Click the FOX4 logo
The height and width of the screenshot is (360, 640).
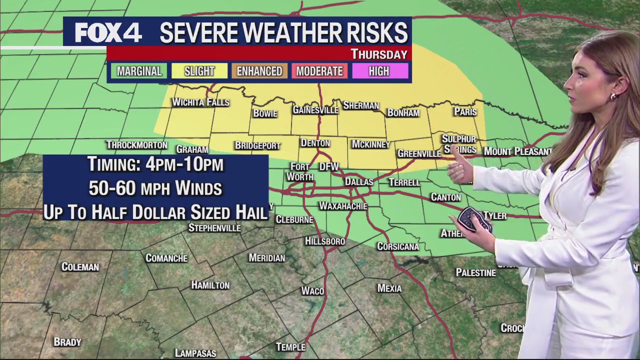tap(108, 33)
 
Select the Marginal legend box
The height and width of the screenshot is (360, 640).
tap(139, 71)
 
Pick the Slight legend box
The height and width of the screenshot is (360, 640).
tap(199, 71)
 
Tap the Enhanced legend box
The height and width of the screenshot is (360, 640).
tap(259, 71)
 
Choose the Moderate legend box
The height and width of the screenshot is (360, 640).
tap(319, 71)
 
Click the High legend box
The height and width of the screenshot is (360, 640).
tap(379, 71)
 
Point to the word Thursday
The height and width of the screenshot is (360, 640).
tap(378, 54)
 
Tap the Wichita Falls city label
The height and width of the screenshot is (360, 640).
tap(200, 102)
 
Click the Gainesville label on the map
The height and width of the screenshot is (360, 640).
tap(315, 110)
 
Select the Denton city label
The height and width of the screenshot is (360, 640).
tap(315, 143)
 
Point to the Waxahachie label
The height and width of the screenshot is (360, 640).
tap(343, 206)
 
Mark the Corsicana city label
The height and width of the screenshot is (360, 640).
tap(398, 246)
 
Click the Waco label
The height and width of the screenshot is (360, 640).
tap(312, 291)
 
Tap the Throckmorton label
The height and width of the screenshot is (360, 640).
tap(136, 145)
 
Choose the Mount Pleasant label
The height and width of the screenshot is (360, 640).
tap(517, 151)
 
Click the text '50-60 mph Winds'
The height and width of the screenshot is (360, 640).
tap(155, 188)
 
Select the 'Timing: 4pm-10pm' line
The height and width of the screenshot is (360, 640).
tap(155, 164)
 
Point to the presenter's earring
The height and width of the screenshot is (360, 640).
tap(613, 96)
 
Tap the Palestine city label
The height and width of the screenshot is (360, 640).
tap(475, 273)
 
